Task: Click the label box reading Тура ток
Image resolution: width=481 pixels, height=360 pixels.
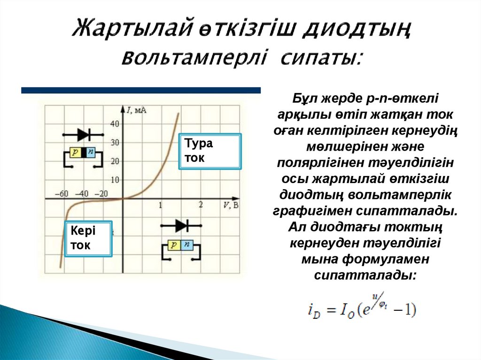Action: tap(210, 151)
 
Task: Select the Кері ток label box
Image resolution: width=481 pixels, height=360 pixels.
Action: tap(88, 238)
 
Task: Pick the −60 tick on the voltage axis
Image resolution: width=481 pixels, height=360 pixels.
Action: tap(62, 193)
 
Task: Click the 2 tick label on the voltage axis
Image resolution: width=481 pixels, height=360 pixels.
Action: tap(201, 205)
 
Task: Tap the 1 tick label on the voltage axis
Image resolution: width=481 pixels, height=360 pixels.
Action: tap(161, 205)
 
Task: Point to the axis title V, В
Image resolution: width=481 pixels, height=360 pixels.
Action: tap(230, 205)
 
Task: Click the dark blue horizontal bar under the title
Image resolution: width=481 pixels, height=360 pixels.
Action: tap(141, 90)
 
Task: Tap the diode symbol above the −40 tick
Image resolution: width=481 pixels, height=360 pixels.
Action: tap(84, 135)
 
